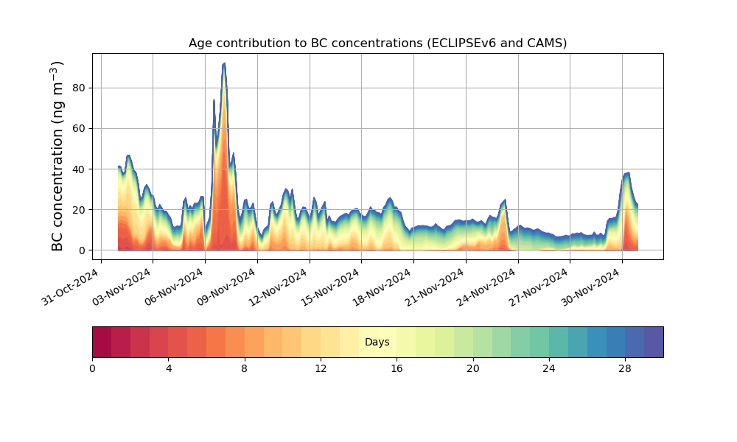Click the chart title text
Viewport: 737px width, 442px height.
[377, 43]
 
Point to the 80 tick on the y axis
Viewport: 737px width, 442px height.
[79, 88]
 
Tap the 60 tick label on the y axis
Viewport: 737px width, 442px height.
[79, 128]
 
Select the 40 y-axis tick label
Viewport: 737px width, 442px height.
[79, 169]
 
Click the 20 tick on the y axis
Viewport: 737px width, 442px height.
[79, 210]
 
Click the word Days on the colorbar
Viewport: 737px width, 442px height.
[377, 343]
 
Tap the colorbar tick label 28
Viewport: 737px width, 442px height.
[625, 368]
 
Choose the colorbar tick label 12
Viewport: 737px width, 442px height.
[321, 368]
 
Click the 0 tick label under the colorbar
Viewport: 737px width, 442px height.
[92, 368]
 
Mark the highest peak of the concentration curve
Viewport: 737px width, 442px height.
[224, 63]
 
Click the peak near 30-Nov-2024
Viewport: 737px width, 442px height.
[627, 173]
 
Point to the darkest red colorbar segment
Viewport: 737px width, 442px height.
[102, 342]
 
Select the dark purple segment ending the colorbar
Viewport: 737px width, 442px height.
[654, 342]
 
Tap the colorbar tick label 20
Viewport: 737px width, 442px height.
[473, 368]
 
